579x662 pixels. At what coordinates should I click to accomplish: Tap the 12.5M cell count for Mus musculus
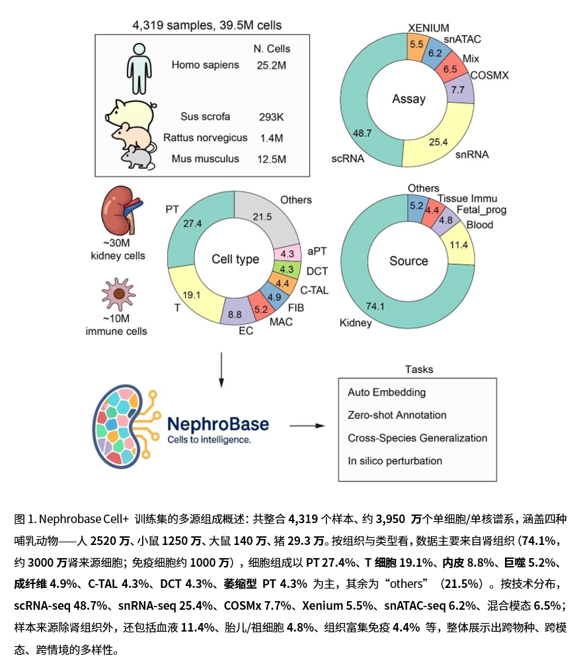point(272,159)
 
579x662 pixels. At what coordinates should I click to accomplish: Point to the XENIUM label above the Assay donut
point(428,28)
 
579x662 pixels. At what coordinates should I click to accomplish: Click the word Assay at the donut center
point(408,99)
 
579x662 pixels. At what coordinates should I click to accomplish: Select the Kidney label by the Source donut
point(356,323)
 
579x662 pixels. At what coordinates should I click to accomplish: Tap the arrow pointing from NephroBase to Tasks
point(309,425)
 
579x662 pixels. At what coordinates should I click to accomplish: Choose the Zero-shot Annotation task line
point(397,415)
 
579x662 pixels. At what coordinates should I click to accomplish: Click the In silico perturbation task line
point(395,460)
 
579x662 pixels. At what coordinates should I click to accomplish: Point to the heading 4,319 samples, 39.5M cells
point(207,26)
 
